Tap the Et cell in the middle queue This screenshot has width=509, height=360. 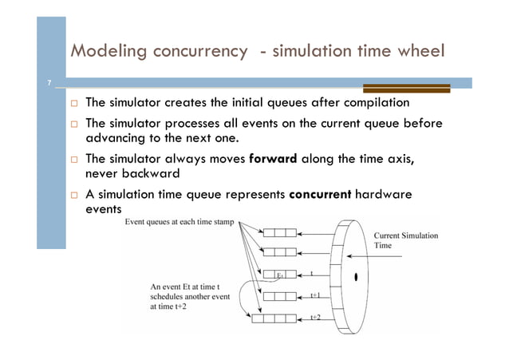[280, 275]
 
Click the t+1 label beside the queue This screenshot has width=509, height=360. [315, 295]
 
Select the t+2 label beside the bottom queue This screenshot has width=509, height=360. [315, 318]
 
